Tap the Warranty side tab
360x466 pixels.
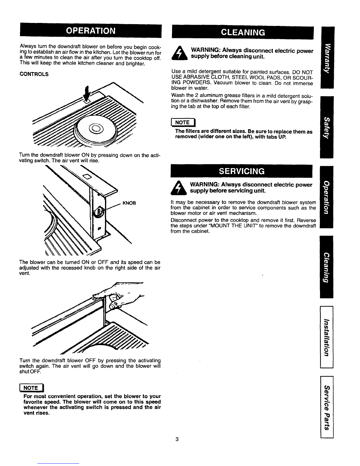(327, 57)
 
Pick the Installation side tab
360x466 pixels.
(327, 337)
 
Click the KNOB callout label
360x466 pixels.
(129, 203)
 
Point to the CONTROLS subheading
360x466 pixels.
(34, 74)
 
